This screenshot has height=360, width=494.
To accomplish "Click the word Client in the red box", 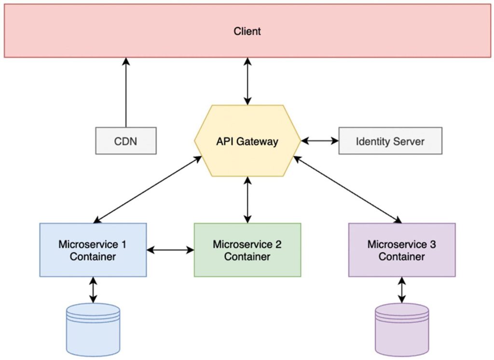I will point(247,31).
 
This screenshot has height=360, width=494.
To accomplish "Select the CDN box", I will point(126,141).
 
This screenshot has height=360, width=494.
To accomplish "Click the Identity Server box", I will point(390,141).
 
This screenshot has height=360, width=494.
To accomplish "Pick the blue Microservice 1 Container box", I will point(93,250).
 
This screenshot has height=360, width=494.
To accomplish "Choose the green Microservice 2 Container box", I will point(247,250).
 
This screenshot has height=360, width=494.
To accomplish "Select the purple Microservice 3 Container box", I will point(401,250).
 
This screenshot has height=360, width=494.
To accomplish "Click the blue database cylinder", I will point(93,329).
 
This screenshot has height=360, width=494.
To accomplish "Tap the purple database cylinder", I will point(401,329).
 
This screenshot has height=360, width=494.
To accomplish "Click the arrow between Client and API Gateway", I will point(247,81).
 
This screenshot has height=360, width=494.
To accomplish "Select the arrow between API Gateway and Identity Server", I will point(320,141).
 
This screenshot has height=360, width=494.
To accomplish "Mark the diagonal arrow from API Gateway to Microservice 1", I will point(148,189).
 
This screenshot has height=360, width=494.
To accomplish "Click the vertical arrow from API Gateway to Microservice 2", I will point(247,200).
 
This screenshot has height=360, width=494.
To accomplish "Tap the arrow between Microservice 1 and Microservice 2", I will point(170,250).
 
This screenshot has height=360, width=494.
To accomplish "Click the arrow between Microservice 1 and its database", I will point(93,290).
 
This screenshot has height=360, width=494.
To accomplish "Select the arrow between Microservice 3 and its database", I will point(401,290).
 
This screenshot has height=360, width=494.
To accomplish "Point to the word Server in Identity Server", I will point(409,141).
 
